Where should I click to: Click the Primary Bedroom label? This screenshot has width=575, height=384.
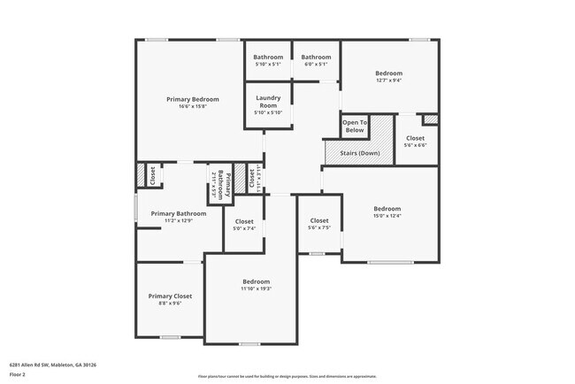click(x=192, y=99)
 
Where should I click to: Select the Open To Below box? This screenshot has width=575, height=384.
click(x=354, y=126)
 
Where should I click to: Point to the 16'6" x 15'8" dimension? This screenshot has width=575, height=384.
click(x=192, y=107)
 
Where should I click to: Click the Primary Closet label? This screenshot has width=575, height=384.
click(x=170, y=296)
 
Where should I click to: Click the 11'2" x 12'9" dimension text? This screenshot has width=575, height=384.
click(x=179, y=221)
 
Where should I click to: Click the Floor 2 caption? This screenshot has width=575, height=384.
click(x=18, y=374)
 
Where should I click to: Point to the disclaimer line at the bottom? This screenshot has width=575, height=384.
click(x=287, y=376)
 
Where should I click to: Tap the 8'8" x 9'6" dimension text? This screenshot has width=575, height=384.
click(x=170, y=303)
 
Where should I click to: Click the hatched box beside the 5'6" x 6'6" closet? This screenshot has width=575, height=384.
click(x=431, y=119)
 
